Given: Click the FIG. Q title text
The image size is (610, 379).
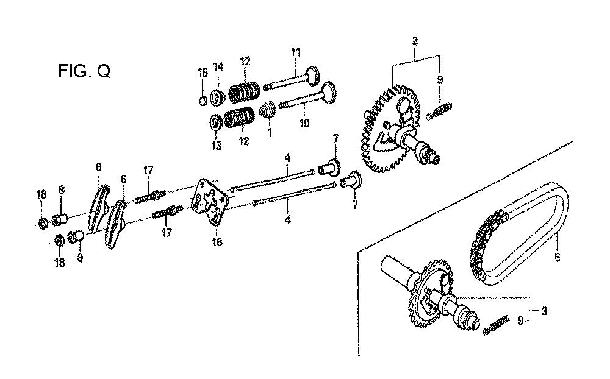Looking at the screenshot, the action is pyautogui.click(x=84, y=71).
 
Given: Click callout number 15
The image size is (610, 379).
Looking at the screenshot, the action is pyautogui.click(x=203, y=73).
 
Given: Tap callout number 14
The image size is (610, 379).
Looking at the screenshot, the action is pyautogui.click(x=218, y=66).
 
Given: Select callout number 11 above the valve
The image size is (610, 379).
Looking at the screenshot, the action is pyautogui.click(x=296, y=52).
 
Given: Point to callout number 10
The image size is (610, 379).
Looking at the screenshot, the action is pyautogui.click(x=304, y=123).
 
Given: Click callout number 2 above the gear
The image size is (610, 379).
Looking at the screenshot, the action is pyautogui.click(x=415, y=41).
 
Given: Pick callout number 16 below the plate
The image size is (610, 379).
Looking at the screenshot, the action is pyautogui.click(x=217, y=242).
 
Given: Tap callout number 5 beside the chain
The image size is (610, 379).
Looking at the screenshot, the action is pyautogui.click(x=557, y=257).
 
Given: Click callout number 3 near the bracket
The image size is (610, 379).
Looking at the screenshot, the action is pyautogui.click(x=544, y=311).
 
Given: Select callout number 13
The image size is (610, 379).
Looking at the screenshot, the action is pyautogui.click(x=217, y=146).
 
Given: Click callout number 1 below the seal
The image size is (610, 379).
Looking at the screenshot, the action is pyautogui.click(x=270, y=132).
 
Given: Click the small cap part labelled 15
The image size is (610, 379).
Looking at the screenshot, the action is pyautogui.click(x=203, y=101).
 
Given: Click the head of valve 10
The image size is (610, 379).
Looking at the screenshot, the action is pyautogui.click(x=328, y=93).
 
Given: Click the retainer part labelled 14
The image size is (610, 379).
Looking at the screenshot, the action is pyautogui.click(x=218, y=96).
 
